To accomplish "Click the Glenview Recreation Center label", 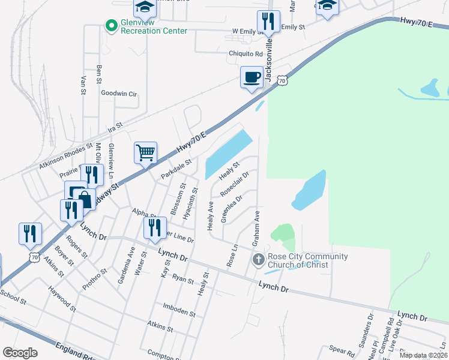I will point(154,26).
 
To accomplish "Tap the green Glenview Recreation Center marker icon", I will point(110,25).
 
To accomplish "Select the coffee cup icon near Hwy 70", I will point(252,77).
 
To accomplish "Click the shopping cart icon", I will point(146,153).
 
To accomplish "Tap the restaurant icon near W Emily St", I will point(268,22).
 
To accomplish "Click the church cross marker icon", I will point(258,260).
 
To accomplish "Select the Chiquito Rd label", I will point(246,53).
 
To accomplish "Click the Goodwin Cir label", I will point(119,94).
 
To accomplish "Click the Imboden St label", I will point(179,313).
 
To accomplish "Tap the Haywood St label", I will point(62,299).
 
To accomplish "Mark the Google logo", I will point(20,353).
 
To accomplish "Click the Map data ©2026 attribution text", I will point(424,355).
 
